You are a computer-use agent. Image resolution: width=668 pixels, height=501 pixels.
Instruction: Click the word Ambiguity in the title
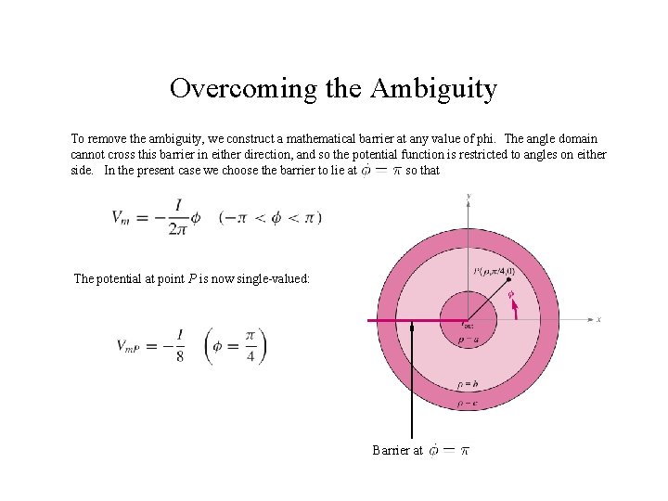433,89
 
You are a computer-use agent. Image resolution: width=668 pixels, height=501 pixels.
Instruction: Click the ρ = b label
468,385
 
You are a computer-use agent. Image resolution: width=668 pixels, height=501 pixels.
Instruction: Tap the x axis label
598,319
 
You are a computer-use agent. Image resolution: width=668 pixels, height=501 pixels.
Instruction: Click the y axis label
469,196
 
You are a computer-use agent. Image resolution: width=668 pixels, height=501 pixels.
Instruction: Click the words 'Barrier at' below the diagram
397,451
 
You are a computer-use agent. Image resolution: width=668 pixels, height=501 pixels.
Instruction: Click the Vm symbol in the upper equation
122,217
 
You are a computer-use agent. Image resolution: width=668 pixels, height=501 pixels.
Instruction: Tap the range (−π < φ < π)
270,217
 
